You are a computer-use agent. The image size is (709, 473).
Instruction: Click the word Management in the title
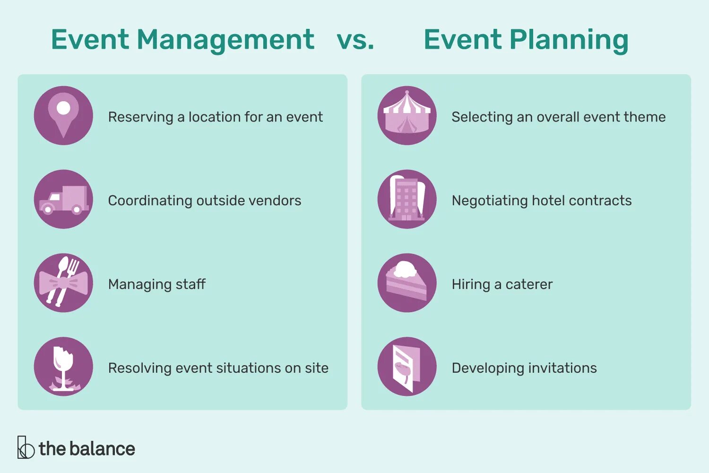pyautogui.click(x=225, y=40)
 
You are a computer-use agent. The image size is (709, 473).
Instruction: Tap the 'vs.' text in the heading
pyautogui.click(x=355, y=40)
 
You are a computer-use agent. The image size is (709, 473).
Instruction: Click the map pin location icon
pyautogui.click(x=63, y=115)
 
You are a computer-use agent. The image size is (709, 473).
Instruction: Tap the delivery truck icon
pyautogui.click(x=63, y=199)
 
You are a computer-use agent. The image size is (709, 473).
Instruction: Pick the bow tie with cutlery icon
pyautogui.click(x=63, y=283)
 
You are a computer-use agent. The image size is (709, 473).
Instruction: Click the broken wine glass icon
pyautogui.click(x=63, y=367)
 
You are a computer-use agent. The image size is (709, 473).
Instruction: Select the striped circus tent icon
pyautogui.click(x=407, y=115)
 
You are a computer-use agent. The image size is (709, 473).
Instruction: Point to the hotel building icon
pyautogui.click(x=407, y=199)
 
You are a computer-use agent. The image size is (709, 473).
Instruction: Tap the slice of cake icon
pyautogui.click(x=407, y=283)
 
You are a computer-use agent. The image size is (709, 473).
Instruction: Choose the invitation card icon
pyautogui.click(x=407, y=367)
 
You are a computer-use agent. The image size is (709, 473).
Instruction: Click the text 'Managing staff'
pyautogui.click(x=157, y=284)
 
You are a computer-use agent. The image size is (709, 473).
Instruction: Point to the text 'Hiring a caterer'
pyautogui.click(x=502, y=284)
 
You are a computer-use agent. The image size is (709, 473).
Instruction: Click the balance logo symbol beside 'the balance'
pyautogui.click(x=26, y=447)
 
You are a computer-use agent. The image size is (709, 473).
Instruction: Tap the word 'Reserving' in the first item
pyautogui.click(x=140, y=117)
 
